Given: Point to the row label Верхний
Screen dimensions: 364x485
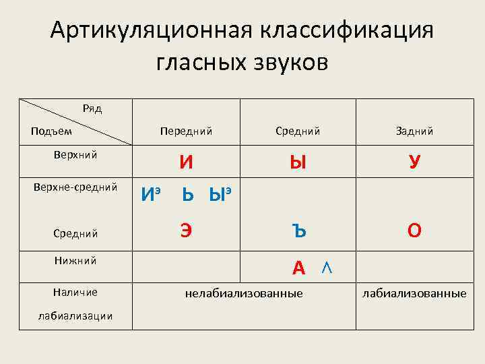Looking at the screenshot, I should click(x=75, y=155).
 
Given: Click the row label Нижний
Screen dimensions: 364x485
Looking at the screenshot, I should click(x=75, y=260).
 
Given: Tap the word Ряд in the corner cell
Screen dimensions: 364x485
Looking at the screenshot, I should click(x=92, y=108).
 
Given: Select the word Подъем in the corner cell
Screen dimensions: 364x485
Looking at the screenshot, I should click(x=51, y=131).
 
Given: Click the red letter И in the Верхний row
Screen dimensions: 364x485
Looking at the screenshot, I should click(x=187, y=162).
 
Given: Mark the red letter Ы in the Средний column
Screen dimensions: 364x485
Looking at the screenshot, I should click(x=297, y=162).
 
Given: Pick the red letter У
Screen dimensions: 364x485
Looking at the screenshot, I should click(x=414, y=162).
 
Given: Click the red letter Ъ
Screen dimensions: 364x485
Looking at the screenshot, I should click(x=299, y=231).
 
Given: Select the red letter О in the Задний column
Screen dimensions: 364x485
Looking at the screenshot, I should click(x=414, y=231).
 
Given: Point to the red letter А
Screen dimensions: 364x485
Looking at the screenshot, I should click(x=299, y=268).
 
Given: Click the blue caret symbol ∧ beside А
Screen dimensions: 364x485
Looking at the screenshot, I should click(x=326, y=268).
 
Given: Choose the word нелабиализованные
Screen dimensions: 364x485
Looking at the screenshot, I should click(x=244, y=293).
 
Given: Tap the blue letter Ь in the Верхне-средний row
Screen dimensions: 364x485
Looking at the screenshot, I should click(x=190, y=196).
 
